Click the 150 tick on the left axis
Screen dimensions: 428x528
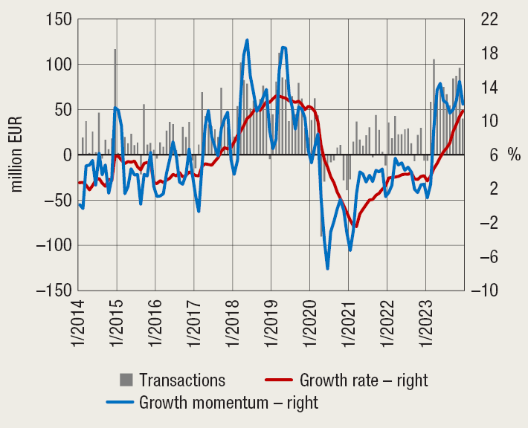coord(56,19)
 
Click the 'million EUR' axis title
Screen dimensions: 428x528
coord(16,154)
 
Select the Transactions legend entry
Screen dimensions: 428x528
coord(181,380)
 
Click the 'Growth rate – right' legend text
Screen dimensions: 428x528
coord(364,380)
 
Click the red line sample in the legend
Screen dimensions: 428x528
coord(278,380)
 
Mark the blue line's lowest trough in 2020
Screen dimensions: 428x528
coord(327,268)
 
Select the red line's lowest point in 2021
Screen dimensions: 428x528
coord(356,226)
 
